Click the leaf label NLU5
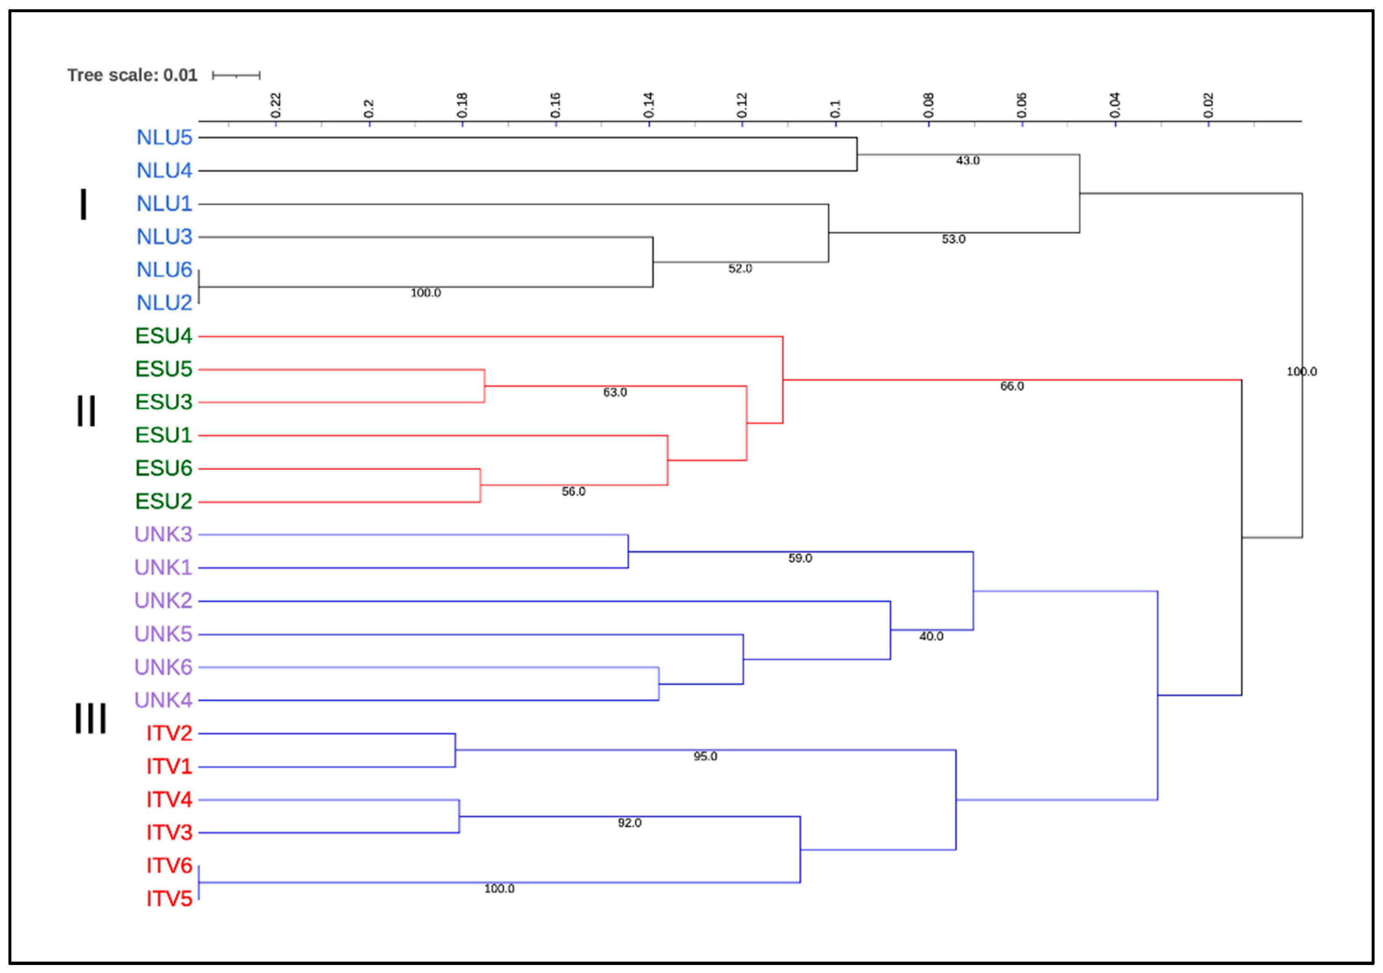point(164,137)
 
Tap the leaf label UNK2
point(163,600)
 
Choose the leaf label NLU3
point(164,237)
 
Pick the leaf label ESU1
point(163,435)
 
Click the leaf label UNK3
point(163,534)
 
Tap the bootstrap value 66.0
point(1012,386)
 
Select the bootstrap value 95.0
point(705,756)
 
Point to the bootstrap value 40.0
point(931,636)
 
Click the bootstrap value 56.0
point(573,492)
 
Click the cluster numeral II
point(86,411)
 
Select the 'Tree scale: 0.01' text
point(132,75)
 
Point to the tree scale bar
point(236,75)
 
